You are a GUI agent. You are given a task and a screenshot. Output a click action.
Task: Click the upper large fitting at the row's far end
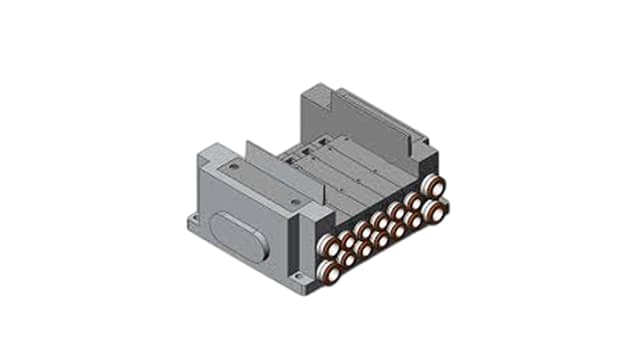point(434,187)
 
